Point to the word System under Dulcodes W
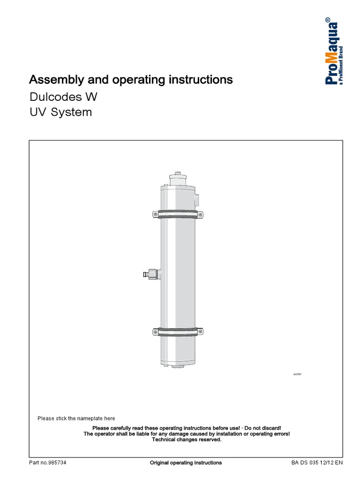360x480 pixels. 72,112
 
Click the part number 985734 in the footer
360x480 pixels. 56,463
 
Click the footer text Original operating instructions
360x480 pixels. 186,463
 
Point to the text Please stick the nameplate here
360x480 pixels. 76,418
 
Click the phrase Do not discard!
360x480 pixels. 263,428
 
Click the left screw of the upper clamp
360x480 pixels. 156,215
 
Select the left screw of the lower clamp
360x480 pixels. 156,332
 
